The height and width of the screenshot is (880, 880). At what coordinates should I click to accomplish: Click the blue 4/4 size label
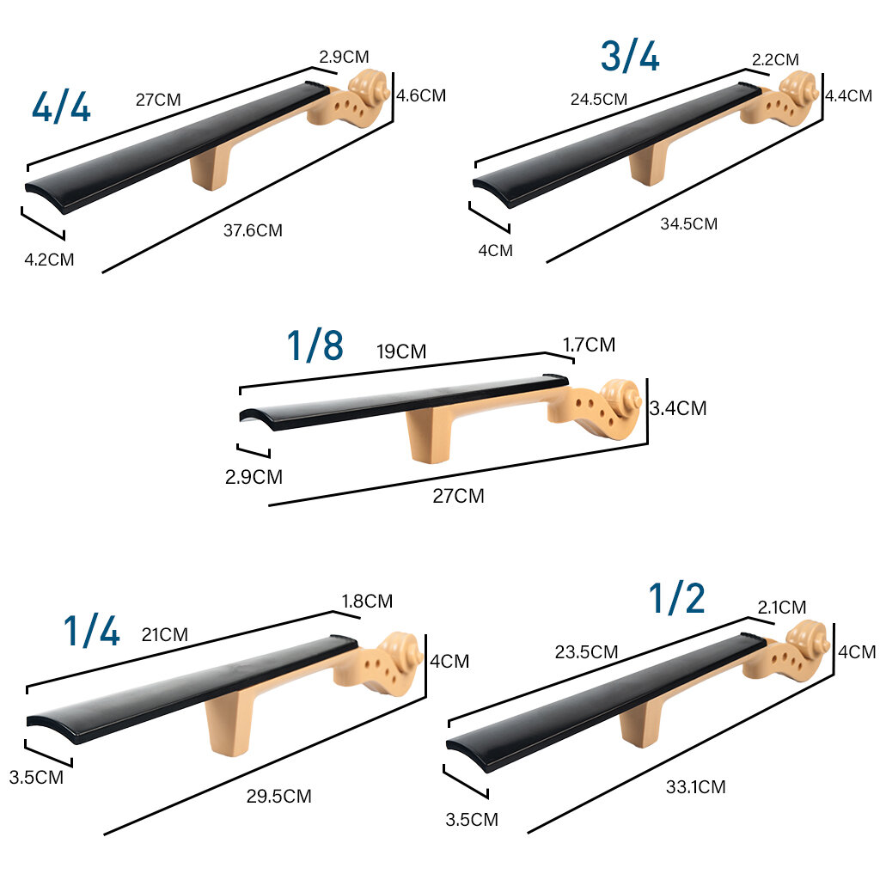[61, 107]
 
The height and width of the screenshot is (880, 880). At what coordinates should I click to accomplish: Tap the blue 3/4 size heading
[630, 56]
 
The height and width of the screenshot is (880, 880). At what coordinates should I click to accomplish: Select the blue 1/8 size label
[315, 345]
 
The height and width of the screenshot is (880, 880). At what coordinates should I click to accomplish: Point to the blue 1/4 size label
[91, 631]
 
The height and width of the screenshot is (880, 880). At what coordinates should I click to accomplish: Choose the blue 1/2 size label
[677, 598]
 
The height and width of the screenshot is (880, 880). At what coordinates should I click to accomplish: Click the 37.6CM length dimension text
[253, 230]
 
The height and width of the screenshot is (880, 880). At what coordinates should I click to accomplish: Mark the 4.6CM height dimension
[421, 95]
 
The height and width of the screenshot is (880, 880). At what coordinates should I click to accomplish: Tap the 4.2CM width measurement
[49, 260]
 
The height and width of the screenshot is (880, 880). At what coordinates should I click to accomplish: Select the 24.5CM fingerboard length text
[599, 100]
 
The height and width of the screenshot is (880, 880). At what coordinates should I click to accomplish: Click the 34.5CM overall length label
[688, 224]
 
